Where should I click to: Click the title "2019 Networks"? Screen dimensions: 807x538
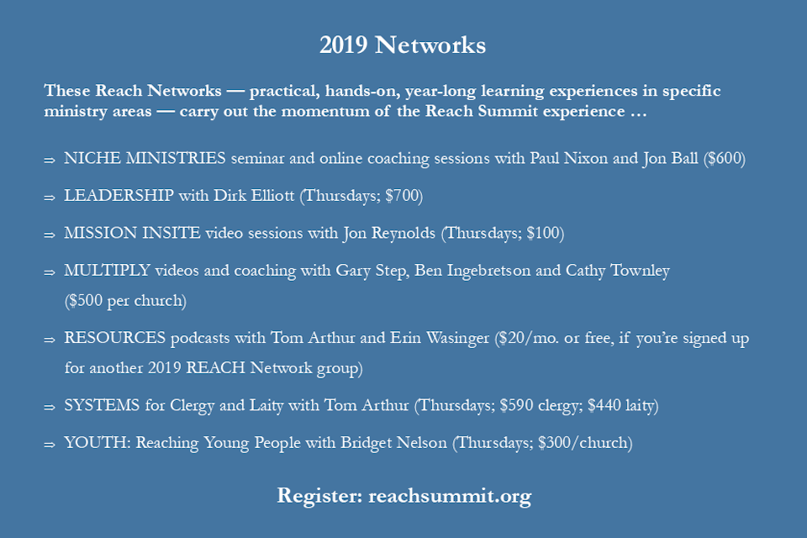point(403,45)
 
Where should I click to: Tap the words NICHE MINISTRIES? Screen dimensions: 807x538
point(145,158)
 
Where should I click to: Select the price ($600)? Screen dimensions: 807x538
point(724,159)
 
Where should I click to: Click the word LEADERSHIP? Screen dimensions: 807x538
point(119,196)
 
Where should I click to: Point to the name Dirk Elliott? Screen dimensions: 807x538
point(254,196)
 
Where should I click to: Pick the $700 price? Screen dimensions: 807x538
point(402,196)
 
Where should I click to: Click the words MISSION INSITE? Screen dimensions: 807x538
point(132,233)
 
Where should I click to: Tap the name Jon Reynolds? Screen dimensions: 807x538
point(389,234)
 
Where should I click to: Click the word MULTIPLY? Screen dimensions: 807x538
point(107,271)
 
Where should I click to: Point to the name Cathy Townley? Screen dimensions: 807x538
point(618,272)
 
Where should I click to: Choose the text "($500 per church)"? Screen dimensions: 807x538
point(125,301)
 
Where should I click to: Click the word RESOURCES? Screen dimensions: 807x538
point(115,338)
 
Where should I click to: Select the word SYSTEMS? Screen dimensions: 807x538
point(102,406)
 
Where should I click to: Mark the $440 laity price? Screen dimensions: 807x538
point(621,406)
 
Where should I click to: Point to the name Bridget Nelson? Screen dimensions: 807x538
point(393,443)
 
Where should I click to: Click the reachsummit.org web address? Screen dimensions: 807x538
point(450,496)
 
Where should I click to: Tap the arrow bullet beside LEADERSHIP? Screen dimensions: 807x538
point(50,198)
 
